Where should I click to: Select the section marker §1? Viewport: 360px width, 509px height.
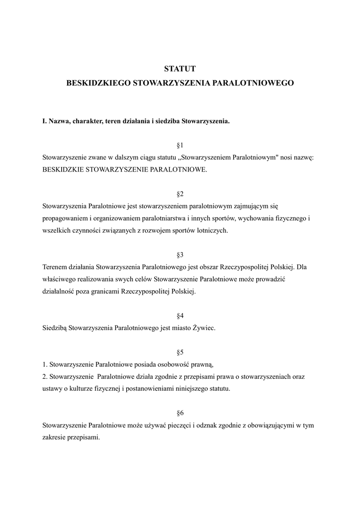point(180,145)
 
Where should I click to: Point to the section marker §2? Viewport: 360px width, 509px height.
point(180,194)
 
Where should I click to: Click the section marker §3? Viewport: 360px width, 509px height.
point(180,254)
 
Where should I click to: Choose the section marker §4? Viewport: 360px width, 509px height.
point(180,316)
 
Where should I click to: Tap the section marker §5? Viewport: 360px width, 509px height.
point(180,352)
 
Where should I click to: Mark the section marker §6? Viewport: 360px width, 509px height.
point(180,413)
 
